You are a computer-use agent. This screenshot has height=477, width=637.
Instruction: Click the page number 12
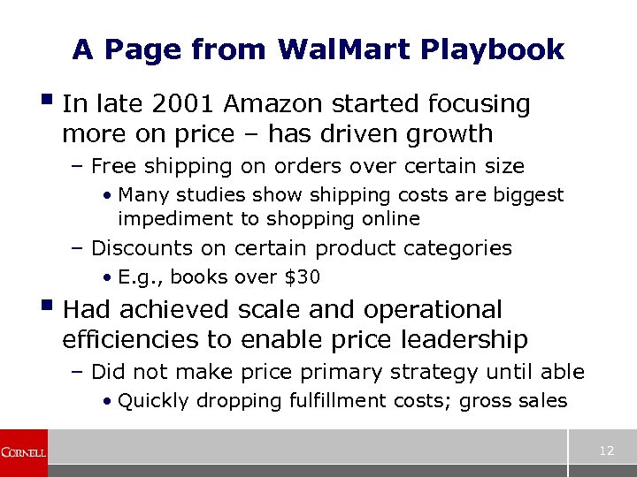pyautogui.click(x=606, y=451)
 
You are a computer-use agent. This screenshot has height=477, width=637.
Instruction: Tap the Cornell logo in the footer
pyautogui.click(x=24, y=452)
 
